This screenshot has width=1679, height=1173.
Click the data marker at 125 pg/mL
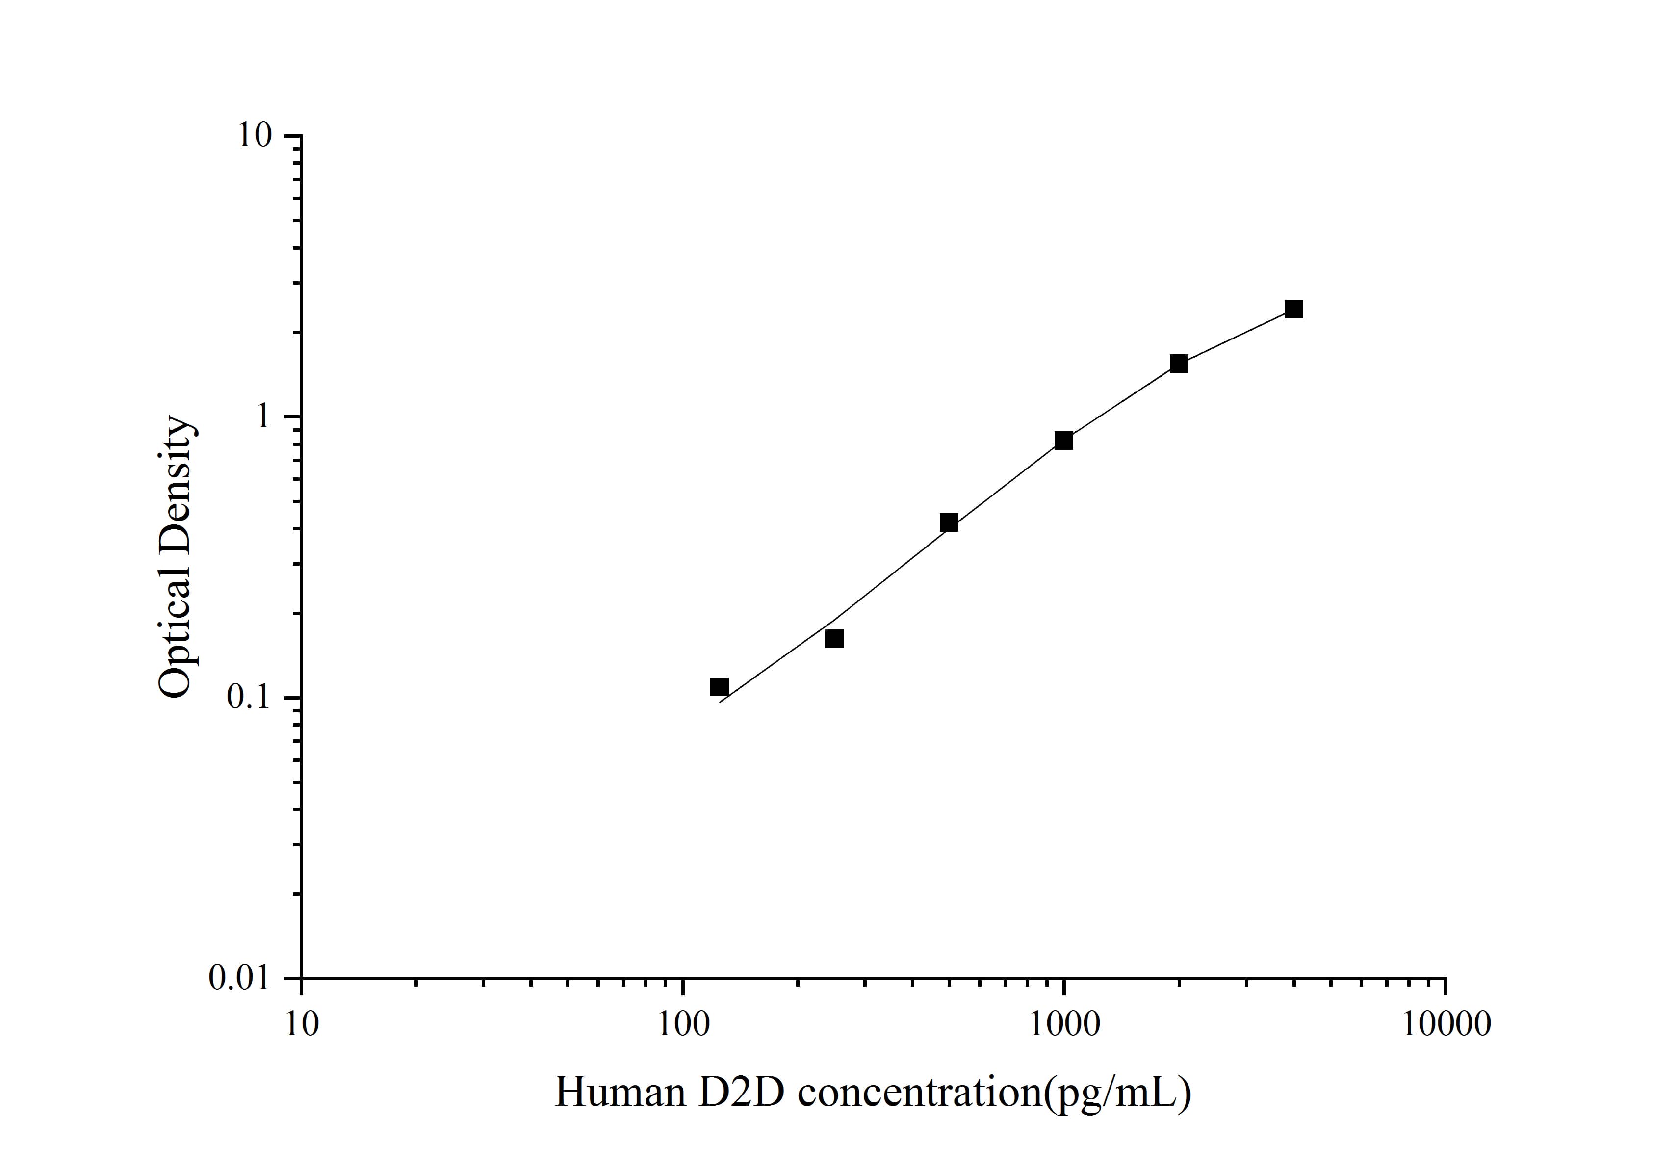coord(720,687)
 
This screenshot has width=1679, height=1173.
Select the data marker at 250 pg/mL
coord(834,639)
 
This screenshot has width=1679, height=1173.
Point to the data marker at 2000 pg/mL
coord(1179,364)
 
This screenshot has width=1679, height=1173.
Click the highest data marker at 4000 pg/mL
coord(1293,310)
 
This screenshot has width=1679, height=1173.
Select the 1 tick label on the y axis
coord(262,417)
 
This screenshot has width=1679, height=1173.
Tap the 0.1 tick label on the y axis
coord(249,698)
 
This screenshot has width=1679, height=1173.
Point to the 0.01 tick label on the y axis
coord(240,978)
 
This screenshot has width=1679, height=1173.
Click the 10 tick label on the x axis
coord(301,1024)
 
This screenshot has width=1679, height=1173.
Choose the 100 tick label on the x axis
coord(683,1024)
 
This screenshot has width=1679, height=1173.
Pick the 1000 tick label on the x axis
coord(1064,1024)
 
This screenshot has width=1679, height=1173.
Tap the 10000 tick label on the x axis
coord(1446,1024)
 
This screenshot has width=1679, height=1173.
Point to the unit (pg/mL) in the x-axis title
coord(1117,1094)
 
